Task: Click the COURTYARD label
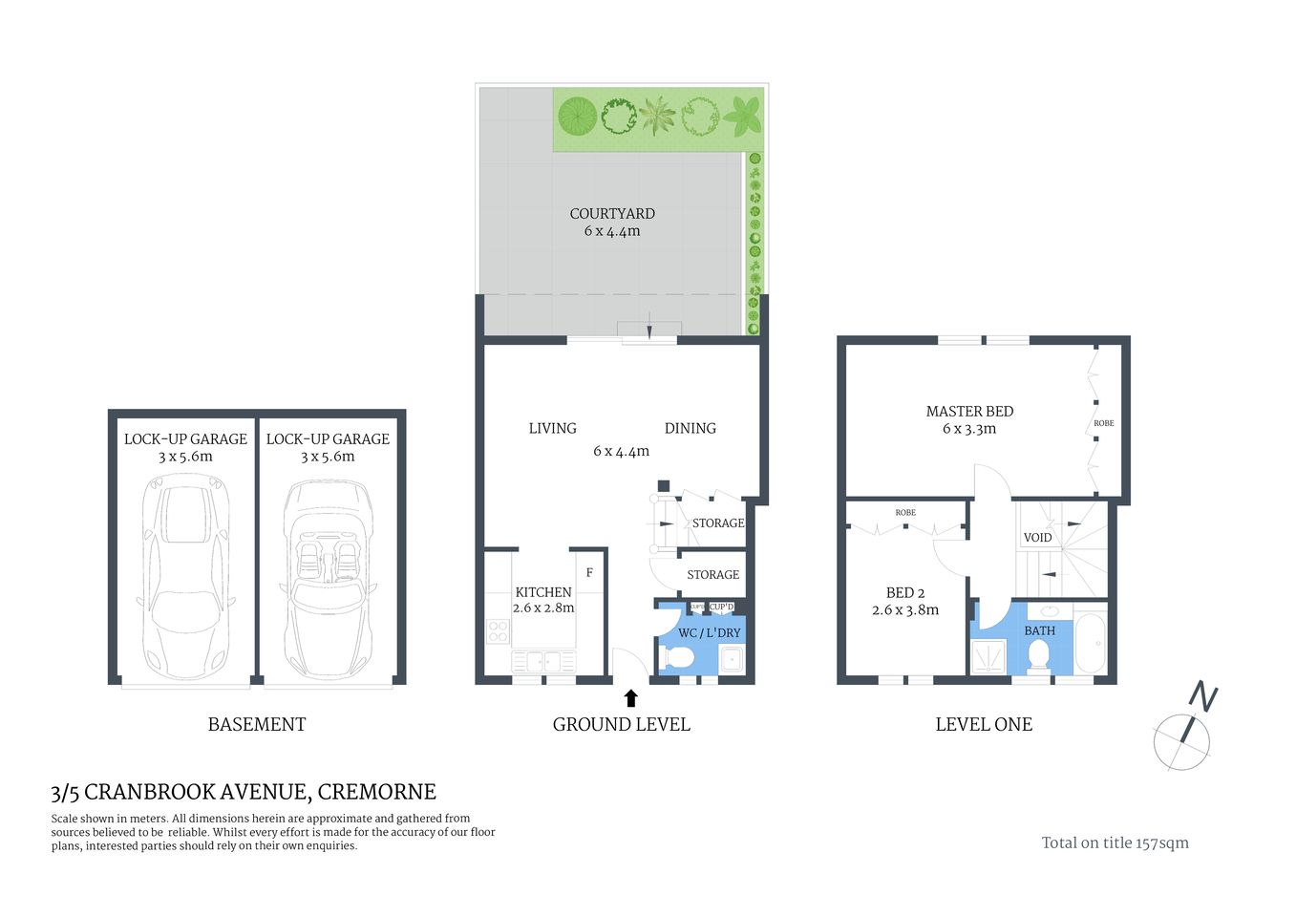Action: pyautogui.click(x=612, y=214)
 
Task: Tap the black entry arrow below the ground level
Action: pyautogui.click(x=630, y=698)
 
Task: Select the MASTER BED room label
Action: pyautogui.click(x=969, y=412)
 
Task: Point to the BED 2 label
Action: pyautogui.click(x=904, y=593)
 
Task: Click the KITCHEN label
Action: pyautogui.click(x=543, y=592)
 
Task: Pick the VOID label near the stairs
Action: pyautogui.click(x=1037, y=538)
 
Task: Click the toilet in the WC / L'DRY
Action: pyautogui.click(x=678, y=658)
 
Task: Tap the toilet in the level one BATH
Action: pyautogui.click(x=1038, y=655)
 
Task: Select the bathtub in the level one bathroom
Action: pyautogui.click(x=1090, y=644)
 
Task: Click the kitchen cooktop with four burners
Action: pyautogui.click(x=499, y=630)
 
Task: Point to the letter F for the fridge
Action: pyautogui.click(x=589, y=573)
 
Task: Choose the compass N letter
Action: pyautogui.click(x=1203, y=697)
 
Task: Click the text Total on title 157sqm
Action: pyautogui.click(x=1115, y=842)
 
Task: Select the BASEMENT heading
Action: pyautogui.click(x=257, y=724)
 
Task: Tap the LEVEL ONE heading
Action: pyautogui.click(x=984, y=724)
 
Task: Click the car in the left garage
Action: pyautogui.click(x=185, y=577)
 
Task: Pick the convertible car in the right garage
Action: pyautogui.click(x=328, y=577)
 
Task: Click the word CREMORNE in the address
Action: pyautogui.click(x=376, y=792)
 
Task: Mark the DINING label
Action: pyautogui.click(x=690, y=429)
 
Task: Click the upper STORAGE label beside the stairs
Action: pyautogui.click(x=717, y=523)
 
